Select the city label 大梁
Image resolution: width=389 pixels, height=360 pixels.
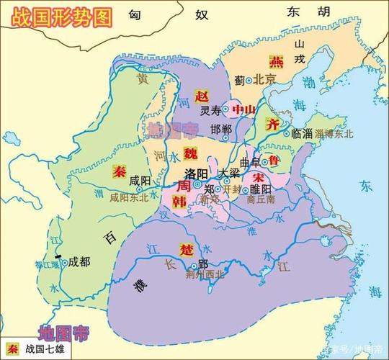[230, 173]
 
